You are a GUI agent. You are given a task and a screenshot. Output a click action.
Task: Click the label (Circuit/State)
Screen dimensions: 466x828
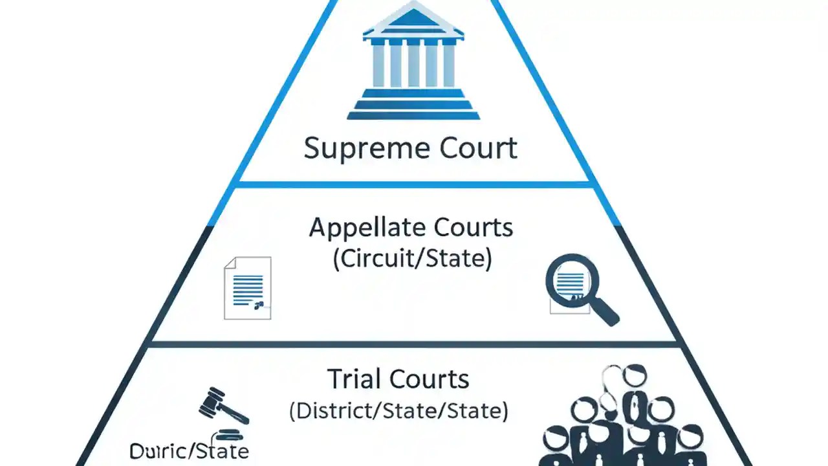click(x=412, y=259)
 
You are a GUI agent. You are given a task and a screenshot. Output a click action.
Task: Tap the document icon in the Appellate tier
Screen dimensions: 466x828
click(x=247, y=288)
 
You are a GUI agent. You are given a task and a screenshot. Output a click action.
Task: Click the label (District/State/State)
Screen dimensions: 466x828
click(x=398, y=410)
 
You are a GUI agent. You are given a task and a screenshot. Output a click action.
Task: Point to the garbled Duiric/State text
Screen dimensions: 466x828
click(x=189, y=450)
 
